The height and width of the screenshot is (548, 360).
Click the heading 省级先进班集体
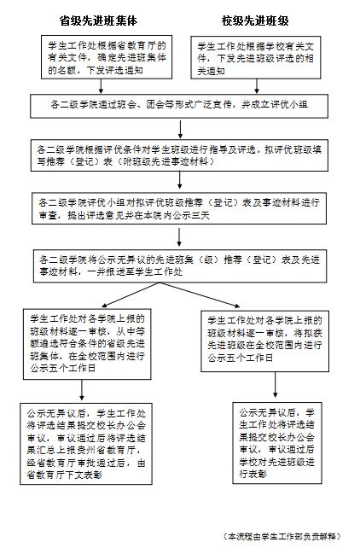(98, 20)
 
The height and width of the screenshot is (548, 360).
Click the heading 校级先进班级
(255, 20)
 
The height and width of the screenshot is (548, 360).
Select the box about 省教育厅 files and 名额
(107, 56)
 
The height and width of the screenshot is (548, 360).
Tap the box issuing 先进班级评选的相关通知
(256, 57)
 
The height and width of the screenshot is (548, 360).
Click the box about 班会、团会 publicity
(179, 106)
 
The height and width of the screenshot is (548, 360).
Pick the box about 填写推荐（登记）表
(179, 155)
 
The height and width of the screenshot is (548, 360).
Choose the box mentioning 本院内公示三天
(179, 208)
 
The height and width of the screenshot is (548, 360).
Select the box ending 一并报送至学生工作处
(180, 265)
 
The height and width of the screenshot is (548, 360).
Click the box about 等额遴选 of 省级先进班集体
(87, 344)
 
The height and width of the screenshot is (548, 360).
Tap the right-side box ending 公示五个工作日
(264, 341)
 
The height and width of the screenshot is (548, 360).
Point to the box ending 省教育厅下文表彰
(86, 443)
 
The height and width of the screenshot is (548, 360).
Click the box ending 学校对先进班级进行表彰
(277, 443)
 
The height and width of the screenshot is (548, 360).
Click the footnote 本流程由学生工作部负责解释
(282, 536)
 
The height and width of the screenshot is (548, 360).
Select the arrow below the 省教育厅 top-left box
(101, 86)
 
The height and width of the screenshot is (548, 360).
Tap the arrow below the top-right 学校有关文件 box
(257, 86)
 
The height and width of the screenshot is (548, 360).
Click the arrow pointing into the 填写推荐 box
(180, 129)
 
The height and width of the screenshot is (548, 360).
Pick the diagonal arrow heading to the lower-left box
(131, 294)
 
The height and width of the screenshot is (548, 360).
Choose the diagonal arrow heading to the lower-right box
(200, 294)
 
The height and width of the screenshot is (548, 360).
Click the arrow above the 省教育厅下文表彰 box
(82, 390)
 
